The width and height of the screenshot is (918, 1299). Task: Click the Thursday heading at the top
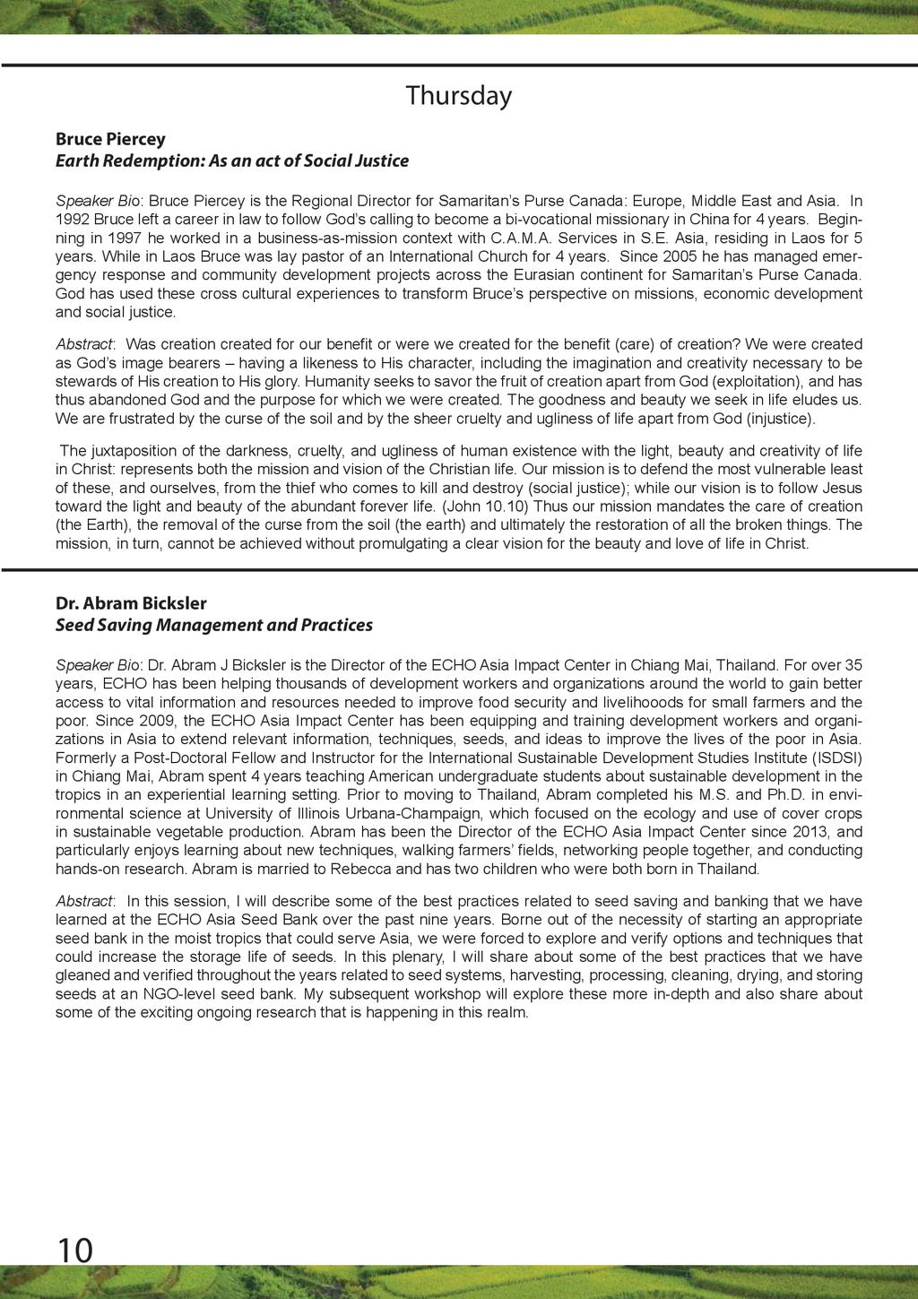point(458,95)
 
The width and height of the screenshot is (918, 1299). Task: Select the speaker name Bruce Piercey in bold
point(110,139)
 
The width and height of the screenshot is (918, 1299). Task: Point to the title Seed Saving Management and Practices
point(213,625)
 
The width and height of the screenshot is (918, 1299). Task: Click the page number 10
point(74,1249)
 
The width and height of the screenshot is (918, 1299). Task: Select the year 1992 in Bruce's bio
point(73,219)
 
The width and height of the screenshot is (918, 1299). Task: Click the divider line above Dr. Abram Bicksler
point(459,569)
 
